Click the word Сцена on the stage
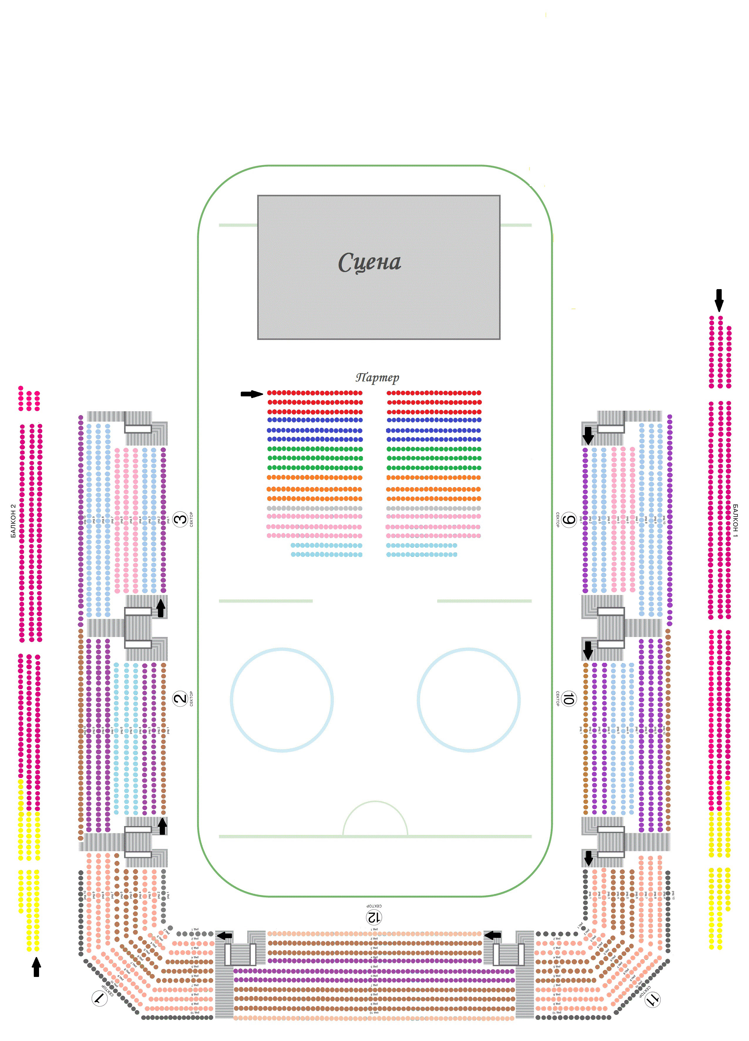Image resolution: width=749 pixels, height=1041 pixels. tap(369, 262)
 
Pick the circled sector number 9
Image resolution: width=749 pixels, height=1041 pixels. tap(569, 520)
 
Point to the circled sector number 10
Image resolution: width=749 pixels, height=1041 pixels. tap(568, 699)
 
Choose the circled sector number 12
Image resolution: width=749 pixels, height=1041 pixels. tap(374, 917)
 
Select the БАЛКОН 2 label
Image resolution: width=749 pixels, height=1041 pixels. tap(13, 521)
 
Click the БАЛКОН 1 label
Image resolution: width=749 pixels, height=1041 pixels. tap(735, 521)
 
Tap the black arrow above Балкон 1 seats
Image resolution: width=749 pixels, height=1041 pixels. tap(719, 300)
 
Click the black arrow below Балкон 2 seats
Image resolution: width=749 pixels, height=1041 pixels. tap(36, 967)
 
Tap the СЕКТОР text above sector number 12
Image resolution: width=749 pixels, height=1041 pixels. tap(374, 906)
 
